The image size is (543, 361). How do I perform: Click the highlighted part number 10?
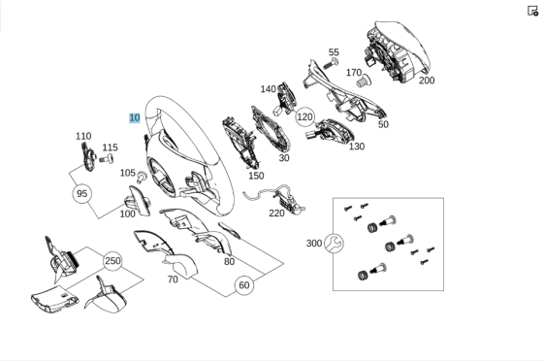coord(135,117)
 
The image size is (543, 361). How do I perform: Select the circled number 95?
coord(82,194)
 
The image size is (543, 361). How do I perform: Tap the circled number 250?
coord(112,261)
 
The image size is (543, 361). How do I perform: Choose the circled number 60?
coord(244,285)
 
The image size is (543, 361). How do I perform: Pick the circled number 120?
coord(304,117)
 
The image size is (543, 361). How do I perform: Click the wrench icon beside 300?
coord(334,244)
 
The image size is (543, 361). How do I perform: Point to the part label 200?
coord(427,81)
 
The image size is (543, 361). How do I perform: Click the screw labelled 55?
coord(331,63)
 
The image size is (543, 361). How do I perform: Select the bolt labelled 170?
coord(364,82)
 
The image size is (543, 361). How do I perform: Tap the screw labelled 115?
coord(107,159)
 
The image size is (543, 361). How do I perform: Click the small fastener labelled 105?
coord(142,177)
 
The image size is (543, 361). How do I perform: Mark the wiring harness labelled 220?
coord(277,199)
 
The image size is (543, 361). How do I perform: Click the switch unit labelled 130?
coord(329,131)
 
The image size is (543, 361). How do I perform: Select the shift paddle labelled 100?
coord(139,201)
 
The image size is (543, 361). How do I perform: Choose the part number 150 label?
coord(256,176)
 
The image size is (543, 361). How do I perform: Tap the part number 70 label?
coord(173,279)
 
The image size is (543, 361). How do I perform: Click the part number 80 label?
coord(229,262)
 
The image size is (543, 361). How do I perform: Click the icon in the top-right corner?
coord(532,11)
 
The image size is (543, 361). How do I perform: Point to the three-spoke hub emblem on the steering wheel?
coord(161,177)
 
